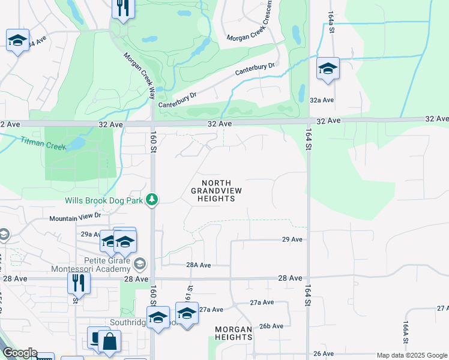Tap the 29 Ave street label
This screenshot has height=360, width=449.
tap(292, 239)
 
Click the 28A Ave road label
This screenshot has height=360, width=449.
tap(199, 265)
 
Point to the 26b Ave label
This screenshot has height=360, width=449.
tap(271, 326)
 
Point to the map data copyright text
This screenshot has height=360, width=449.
tap(411, 355)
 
